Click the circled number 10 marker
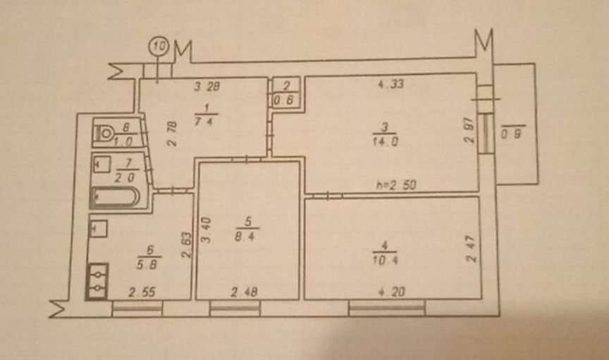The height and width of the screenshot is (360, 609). point(159,46)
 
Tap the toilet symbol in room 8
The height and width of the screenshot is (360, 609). point(104,133)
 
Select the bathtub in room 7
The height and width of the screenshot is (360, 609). point(115,197)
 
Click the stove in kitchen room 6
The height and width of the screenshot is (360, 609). point(97,281)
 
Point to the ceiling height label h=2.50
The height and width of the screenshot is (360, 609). point(396,185)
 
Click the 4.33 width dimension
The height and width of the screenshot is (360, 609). point(390,84)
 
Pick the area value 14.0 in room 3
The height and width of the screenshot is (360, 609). point(385,142)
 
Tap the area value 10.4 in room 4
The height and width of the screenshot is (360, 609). point(385,260)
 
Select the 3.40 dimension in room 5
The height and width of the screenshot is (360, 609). point(206,230)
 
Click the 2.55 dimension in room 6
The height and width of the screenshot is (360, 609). point(142,292)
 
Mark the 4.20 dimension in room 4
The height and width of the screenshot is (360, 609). point(391,292)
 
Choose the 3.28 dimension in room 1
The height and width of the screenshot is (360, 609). point(207,86)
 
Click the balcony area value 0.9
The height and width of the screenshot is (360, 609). point(511,135)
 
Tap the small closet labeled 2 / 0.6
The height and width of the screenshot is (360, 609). point(286,93)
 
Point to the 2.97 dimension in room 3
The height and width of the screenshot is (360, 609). point(469,130)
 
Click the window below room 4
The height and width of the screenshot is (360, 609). point(387,308)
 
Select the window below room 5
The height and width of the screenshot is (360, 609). point(235,309)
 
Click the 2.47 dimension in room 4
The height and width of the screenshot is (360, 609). point(471,249)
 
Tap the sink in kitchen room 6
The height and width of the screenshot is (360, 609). point(99,229)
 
